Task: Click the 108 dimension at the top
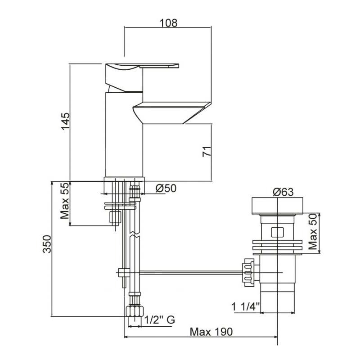pyautogui.click(x=168, y=23)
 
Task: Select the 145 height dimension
pyautogui.click(x=65, y=121)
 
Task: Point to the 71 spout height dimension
pyautogui.click(x=207, y=151)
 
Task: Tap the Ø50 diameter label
pyautogui.click(x=166, y=188)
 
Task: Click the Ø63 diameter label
pyautogui.click(x=283, y=192)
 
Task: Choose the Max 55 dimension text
pyautogui.click(x=64, y=201)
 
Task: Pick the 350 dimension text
pyautogui.click(x=47, y=244)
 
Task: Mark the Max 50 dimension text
pyautogui.click(x=313, y=231)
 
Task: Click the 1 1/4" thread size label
pyautogui.click(x=245, y=306)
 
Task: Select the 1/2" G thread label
pyautogui.click(x=160, y=319)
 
